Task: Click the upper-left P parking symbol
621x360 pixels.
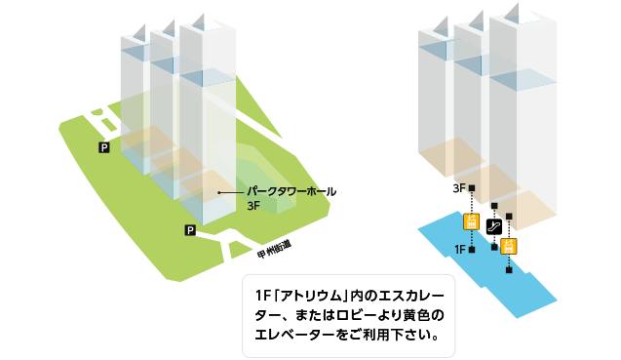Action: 104,147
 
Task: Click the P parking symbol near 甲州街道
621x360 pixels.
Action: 190,230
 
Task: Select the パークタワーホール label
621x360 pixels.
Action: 291,192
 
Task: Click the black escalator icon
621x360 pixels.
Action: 494,226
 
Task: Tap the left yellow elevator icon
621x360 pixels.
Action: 471,221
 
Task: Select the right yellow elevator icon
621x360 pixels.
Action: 508,245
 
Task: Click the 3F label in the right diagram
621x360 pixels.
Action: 457,187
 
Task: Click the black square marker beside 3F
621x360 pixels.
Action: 471,187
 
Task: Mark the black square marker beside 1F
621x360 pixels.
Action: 471,251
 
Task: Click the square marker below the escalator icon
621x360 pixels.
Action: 494,247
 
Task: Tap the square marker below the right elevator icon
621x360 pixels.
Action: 508,270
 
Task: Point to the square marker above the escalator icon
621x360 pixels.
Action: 494,206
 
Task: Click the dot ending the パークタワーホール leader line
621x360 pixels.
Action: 219,193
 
